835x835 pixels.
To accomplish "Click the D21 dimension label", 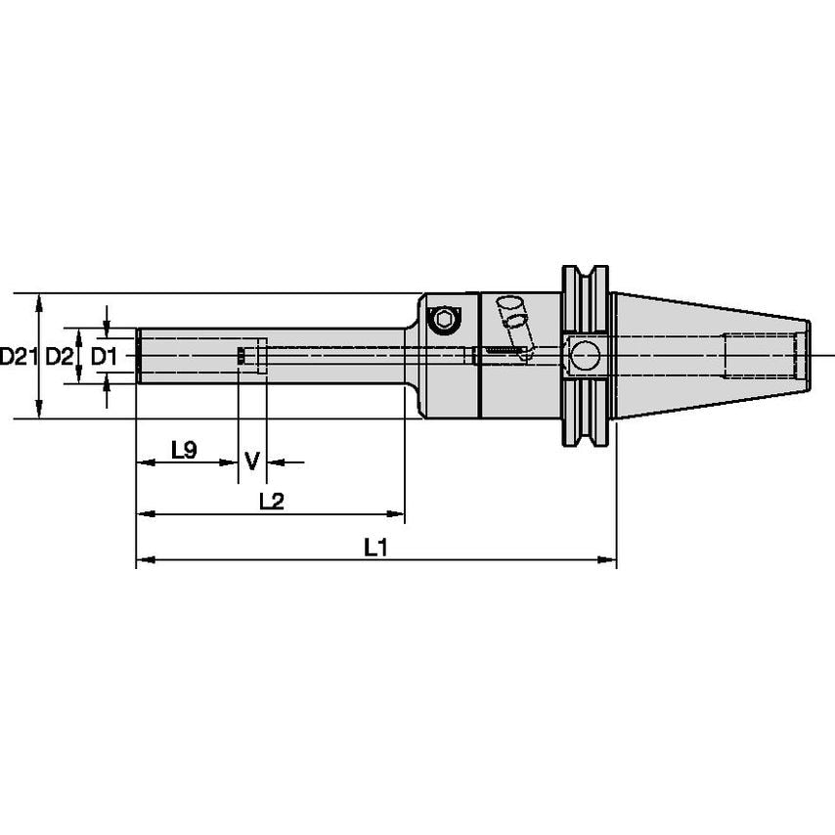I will pyautogui.click(x=17, y=357).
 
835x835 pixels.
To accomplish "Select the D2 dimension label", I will pyautogui.click(x=60, y=357).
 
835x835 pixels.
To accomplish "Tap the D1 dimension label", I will pyautogui.click(x=104, y=357).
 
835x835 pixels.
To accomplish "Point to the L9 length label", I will pyautogui.click(x=184, y=451).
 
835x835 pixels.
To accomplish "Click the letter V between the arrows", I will pyautogui.click(x=251, y=461).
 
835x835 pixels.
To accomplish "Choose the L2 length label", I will pyautogui.click(x=271, y=502).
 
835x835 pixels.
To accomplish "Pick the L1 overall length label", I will pyautogui.click(x=376, y=549).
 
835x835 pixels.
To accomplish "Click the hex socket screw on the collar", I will pyautogui.click(x=445, y=319).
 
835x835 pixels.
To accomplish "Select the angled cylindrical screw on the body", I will pyautogui.click(x=511, y=316).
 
